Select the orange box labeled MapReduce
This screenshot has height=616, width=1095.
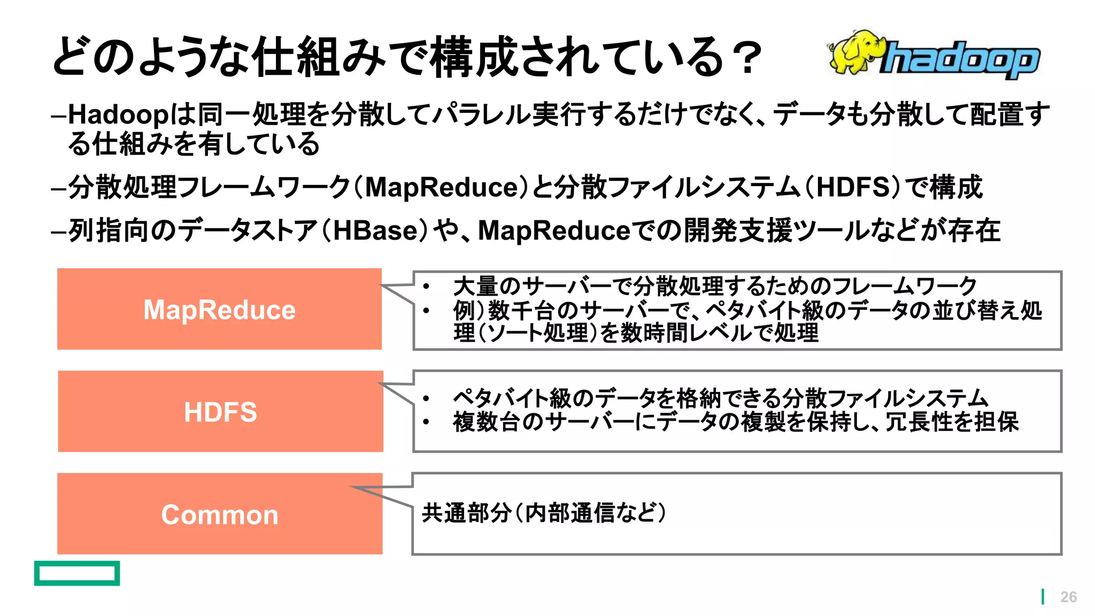pos(219,309)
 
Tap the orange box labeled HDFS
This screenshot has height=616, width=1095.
pos(220,411)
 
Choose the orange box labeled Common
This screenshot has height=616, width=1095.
pos(220,514)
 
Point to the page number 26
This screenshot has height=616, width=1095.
pos(1068,597)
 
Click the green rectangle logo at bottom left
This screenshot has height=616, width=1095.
pos(77,573)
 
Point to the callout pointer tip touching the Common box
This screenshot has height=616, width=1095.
pos(353,487)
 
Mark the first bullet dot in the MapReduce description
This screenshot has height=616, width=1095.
pos(426,287)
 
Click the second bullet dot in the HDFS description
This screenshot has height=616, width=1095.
pos(426,422)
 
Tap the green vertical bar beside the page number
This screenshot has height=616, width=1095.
pos(1043,597)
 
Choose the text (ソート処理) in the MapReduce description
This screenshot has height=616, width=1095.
pos(536,333)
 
